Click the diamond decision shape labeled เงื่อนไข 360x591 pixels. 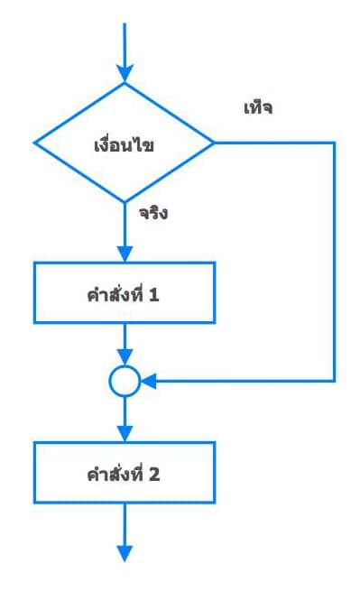pos(125,143)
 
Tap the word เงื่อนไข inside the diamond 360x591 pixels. pos(125,144)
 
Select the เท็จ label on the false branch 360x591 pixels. pos(258,108)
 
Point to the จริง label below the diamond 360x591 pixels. pos(154,215)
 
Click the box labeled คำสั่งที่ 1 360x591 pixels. pos(125,292)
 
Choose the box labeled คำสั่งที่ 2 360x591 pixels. pos(125,472)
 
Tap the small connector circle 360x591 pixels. pos(125,382)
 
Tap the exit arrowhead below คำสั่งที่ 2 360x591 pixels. pos(125,552)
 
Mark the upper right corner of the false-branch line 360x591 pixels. pos(334,143)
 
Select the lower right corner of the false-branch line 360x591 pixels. pos(334,382)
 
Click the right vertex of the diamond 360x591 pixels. pos(214,143)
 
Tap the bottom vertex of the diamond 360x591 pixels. pos(125,202)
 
